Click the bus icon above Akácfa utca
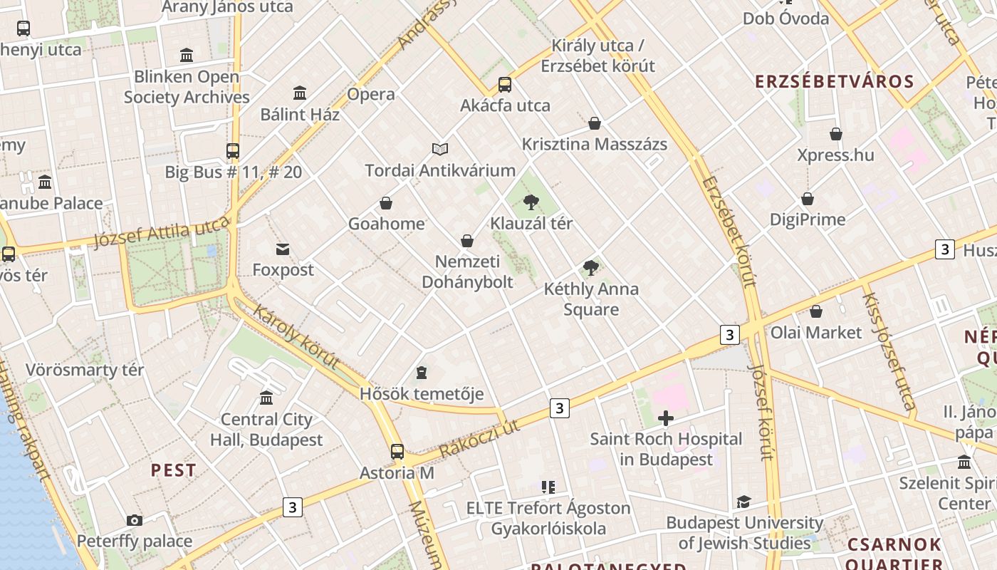click(505, 85)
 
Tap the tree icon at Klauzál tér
click(531, 202)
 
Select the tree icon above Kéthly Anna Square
click(590, 268)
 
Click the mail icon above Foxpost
click(283, 249)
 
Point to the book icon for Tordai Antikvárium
click(440, 149)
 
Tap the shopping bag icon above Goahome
click(386, 203)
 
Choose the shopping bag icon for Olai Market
click(816, 311)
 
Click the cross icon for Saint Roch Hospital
click(666, 418)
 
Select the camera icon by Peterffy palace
click(134, 521)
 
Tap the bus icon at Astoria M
click(397, 452)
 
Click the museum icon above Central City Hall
click(266, 398)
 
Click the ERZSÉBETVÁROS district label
click(834, 81)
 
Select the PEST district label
click(173, 470)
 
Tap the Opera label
click(371, 94)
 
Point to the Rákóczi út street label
click(479, 437)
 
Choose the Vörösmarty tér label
click(85, 370)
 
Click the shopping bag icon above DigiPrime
click(808, 199)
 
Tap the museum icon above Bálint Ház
click(300, 93)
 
